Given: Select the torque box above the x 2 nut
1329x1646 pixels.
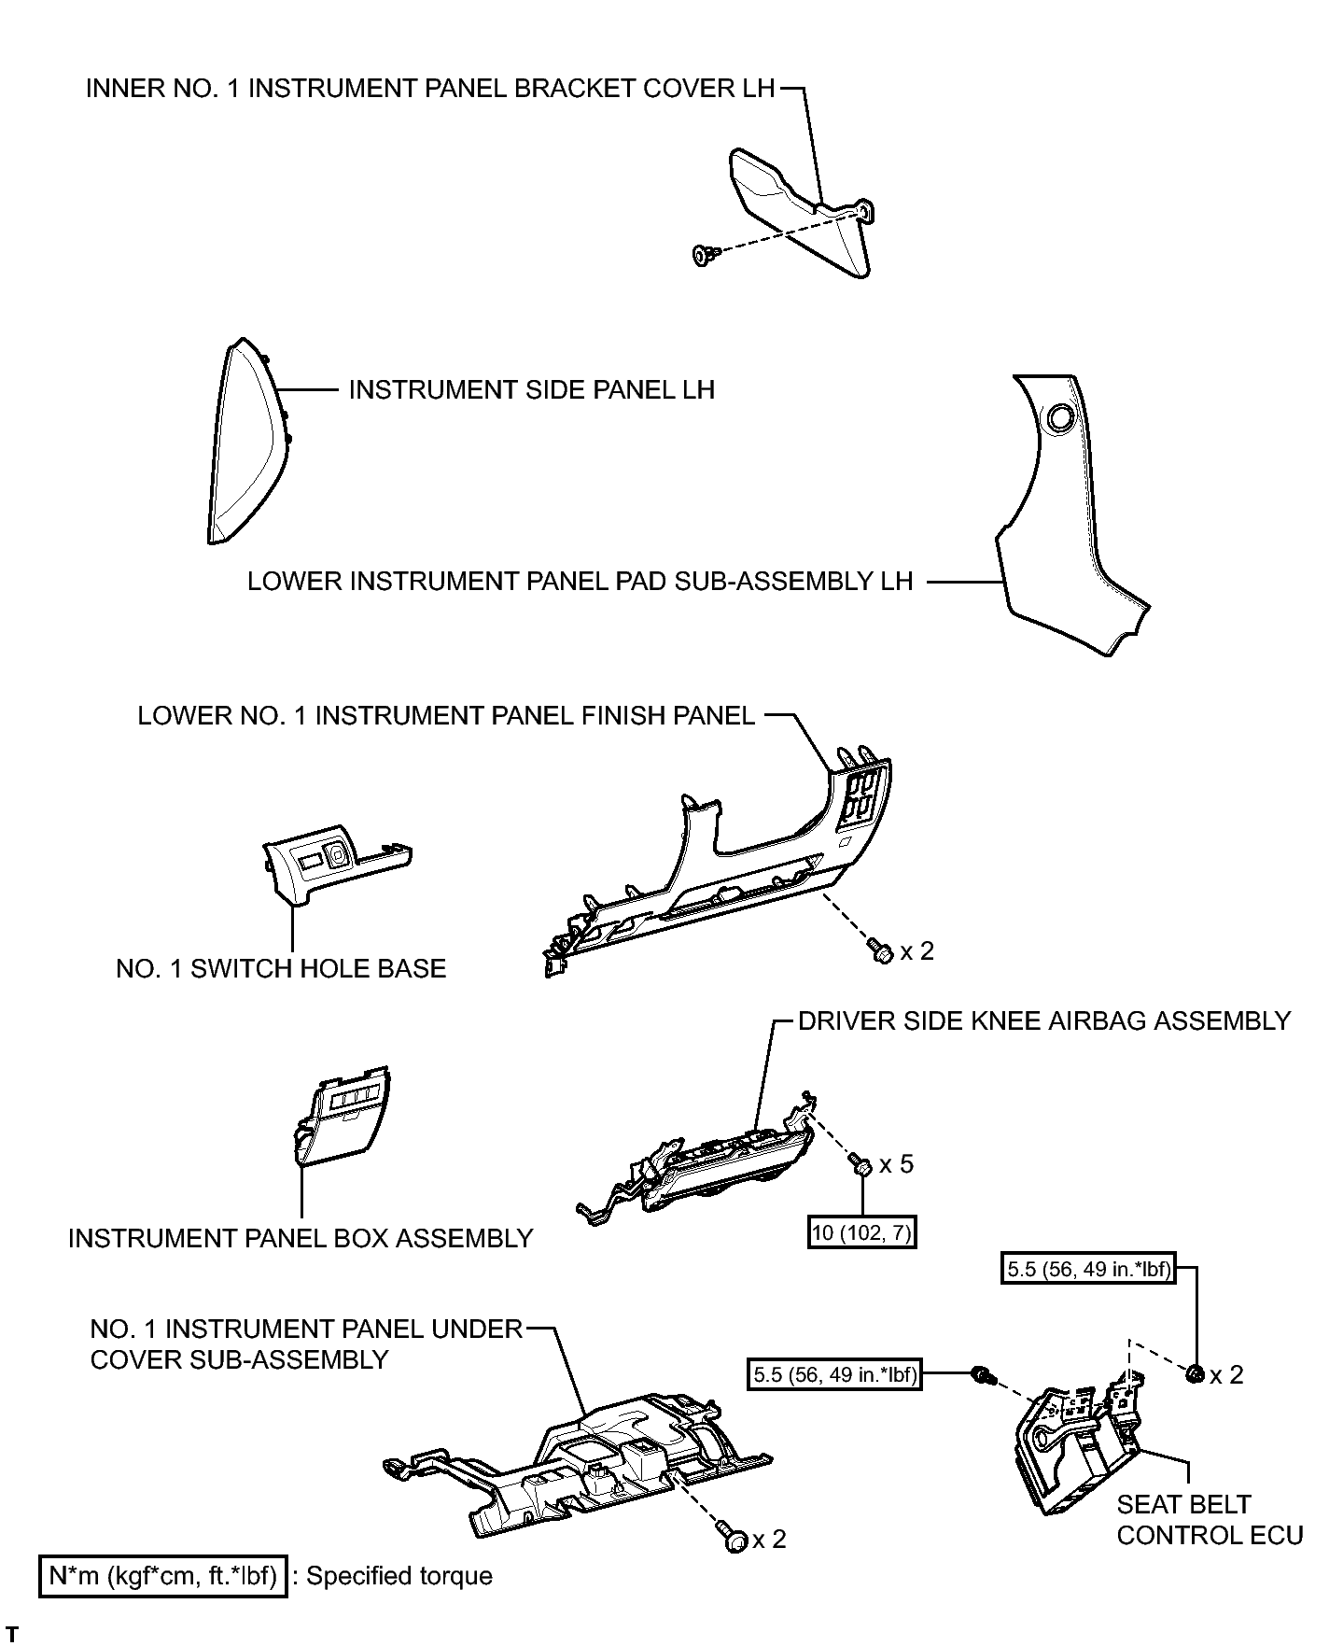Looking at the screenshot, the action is pos(1088,1270).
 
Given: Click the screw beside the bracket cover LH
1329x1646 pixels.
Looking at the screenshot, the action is pos(706,254).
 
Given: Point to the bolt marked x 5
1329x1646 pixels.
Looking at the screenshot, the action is pos(860,1165).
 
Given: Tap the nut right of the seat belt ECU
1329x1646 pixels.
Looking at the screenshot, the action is pos(1196,1373).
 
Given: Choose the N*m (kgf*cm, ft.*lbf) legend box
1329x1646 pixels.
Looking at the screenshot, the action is pos(162,1576).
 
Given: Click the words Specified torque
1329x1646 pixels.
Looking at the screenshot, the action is pos(399,1576).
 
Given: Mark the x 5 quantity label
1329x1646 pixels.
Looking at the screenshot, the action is pos(896,1164).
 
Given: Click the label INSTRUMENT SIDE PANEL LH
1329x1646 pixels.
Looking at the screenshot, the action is pos(531,389).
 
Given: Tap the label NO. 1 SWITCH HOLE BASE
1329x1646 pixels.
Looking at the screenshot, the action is pos(281,969).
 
